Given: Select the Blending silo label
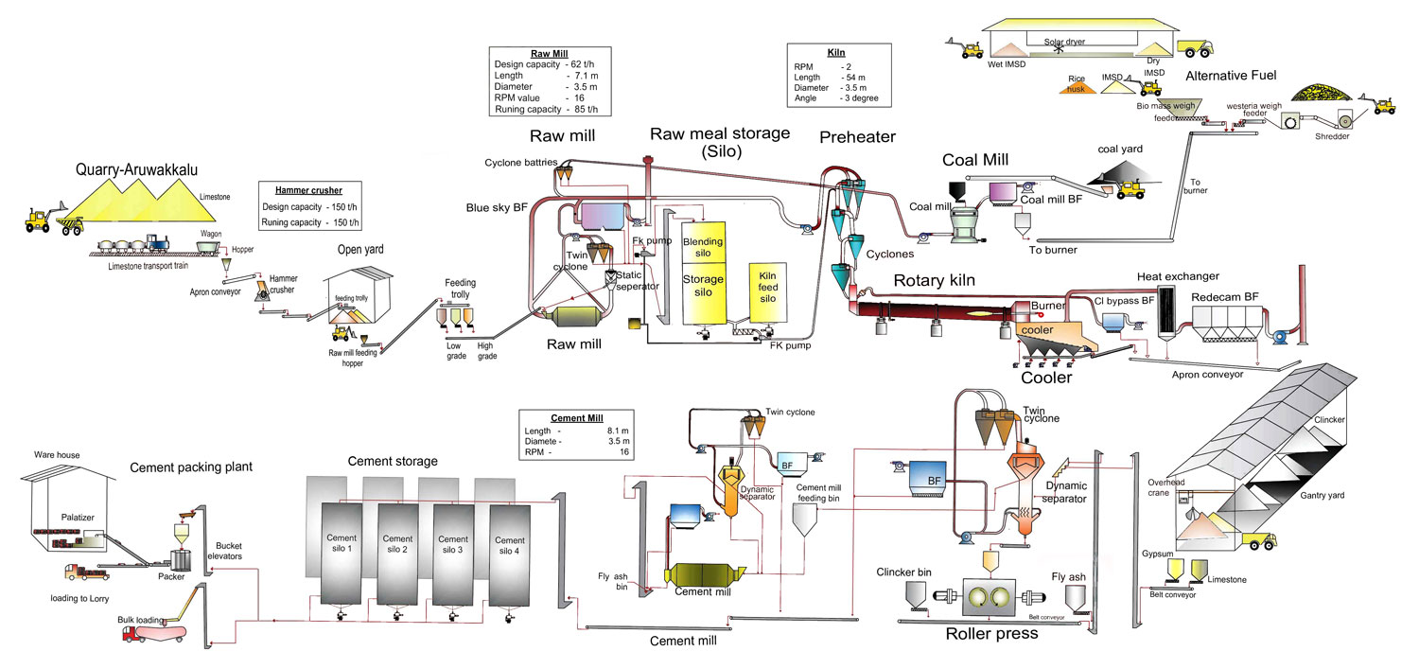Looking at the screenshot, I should tap(703, 248).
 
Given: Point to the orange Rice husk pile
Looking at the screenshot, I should tap(1077, 86).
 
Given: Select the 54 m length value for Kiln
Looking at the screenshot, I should tap(851, 78).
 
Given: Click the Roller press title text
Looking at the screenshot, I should tap(991, 634).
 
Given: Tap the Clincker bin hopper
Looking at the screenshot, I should tap(916, 595).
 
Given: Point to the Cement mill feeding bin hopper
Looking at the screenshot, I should tap(806, 519).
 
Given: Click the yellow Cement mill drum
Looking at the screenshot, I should tap(704, 575).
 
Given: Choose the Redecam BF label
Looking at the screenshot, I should tap(1225, 297).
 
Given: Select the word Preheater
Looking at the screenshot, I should tap(857, 137).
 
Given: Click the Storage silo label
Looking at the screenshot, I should tap(703, 285).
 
